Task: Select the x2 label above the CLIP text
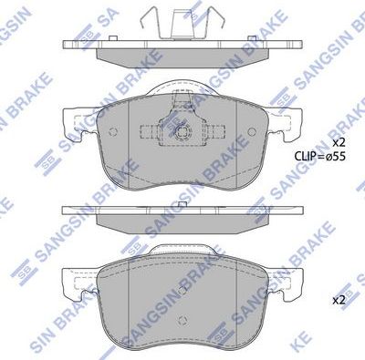(339, 143)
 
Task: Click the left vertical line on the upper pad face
(131, 137)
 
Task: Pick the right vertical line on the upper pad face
(234, 137)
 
